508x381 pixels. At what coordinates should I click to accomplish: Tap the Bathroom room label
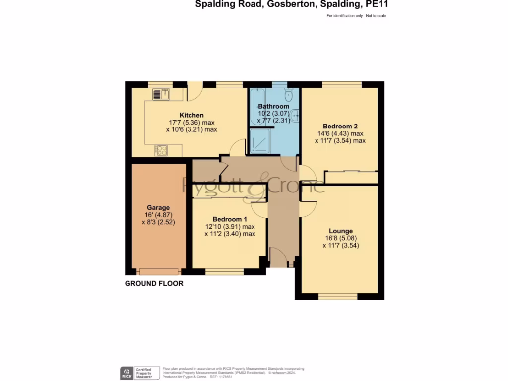pyautogui.click(x=273, y=106)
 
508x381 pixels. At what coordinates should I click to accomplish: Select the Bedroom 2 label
pyautogui.click(x=340, y=126)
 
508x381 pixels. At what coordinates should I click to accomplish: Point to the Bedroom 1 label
pyautogui.click(x=230, y=219)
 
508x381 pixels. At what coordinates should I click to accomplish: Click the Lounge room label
pyautogui.click(x=341, y=231)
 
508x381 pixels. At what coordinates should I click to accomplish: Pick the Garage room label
pyautogui.click(x=158, y=208)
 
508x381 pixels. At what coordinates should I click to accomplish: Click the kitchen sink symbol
pyautogui.click(x=161, y=94)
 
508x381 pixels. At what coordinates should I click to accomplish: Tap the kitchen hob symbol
pyautogui.click(x=160, y=150)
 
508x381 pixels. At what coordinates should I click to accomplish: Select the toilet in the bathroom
pyautogui.click(x=289, y=94)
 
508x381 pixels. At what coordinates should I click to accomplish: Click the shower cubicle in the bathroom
pyautogui.click(x=260, y=142)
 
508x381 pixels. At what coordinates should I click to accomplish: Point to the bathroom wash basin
pyautogui.click(x=295, y=115)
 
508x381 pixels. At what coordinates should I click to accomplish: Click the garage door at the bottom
pyautogui.click(x=159, y=271)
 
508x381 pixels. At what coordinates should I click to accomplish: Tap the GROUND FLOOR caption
pyautogui.click(x=154, y=284)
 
